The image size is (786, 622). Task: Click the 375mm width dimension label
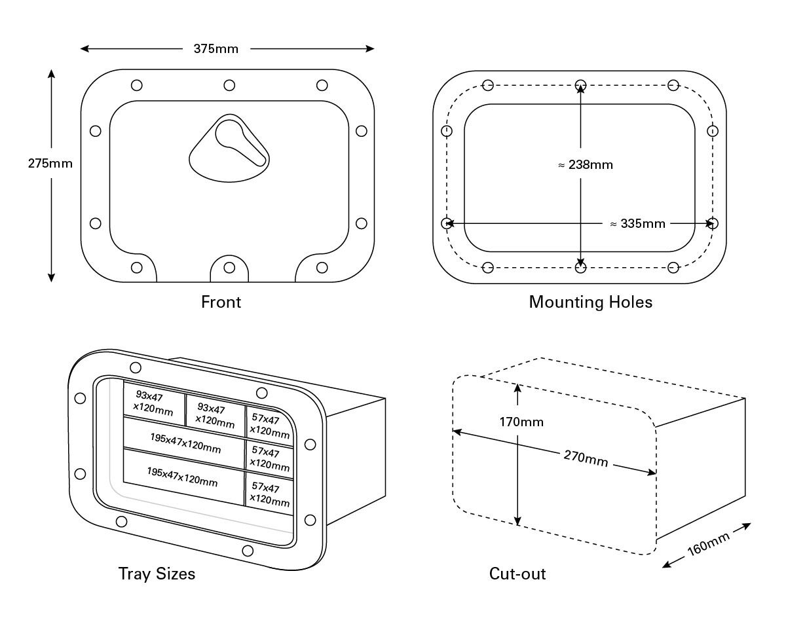coord(215,49)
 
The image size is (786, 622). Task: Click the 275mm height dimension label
coord(50,164)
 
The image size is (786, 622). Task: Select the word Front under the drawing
coord(221,302)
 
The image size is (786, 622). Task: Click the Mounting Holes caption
coord(590,302)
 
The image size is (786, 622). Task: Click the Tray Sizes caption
coord(157,574)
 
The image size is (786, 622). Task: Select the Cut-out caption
coord(517,574)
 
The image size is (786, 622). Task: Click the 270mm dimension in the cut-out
coord(586,459)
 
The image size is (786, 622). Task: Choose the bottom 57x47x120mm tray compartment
coord(269,495)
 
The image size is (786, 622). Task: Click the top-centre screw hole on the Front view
coord(229,85)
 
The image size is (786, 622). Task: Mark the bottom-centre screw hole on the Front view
coord(229,267)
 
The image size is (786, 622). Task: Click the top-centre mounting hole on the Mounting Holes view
coord(580,85)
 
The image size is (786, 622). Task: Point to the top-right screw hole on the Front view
coord(322,85)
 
